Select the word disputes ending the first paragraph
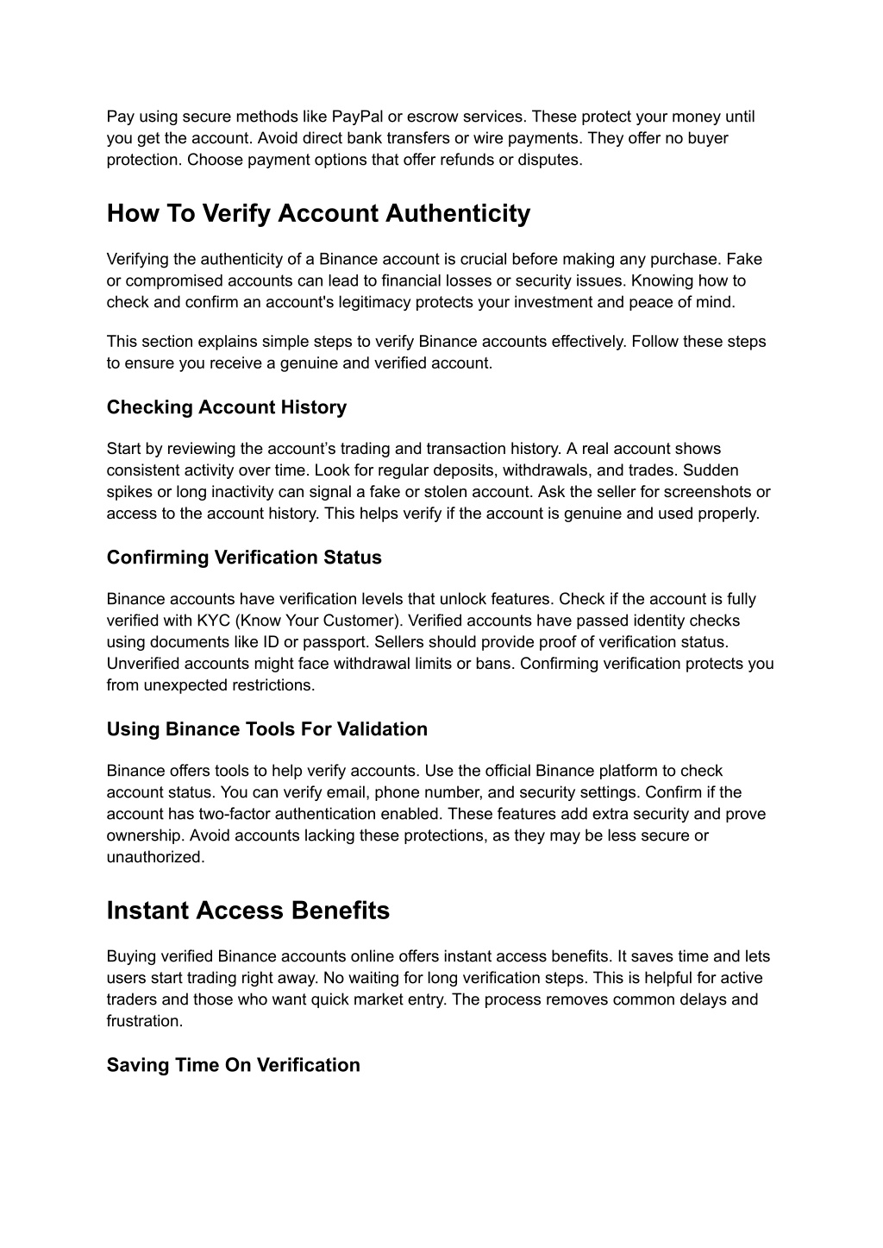(552, 160)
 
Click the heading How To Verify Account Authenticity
(318, 213)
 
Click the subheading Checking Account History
(227, 407)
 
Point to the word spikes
(128, 492)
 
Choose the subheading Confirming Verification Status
(244, 558)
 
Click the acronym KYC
(213, 621)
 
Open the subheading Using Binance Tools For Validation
(267, 729)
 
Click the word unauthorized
(155, 857)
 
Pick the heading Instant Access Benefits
(248, 911)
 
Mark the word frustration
(145, 1021)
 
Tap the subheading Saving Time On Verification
(234, 1065)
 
